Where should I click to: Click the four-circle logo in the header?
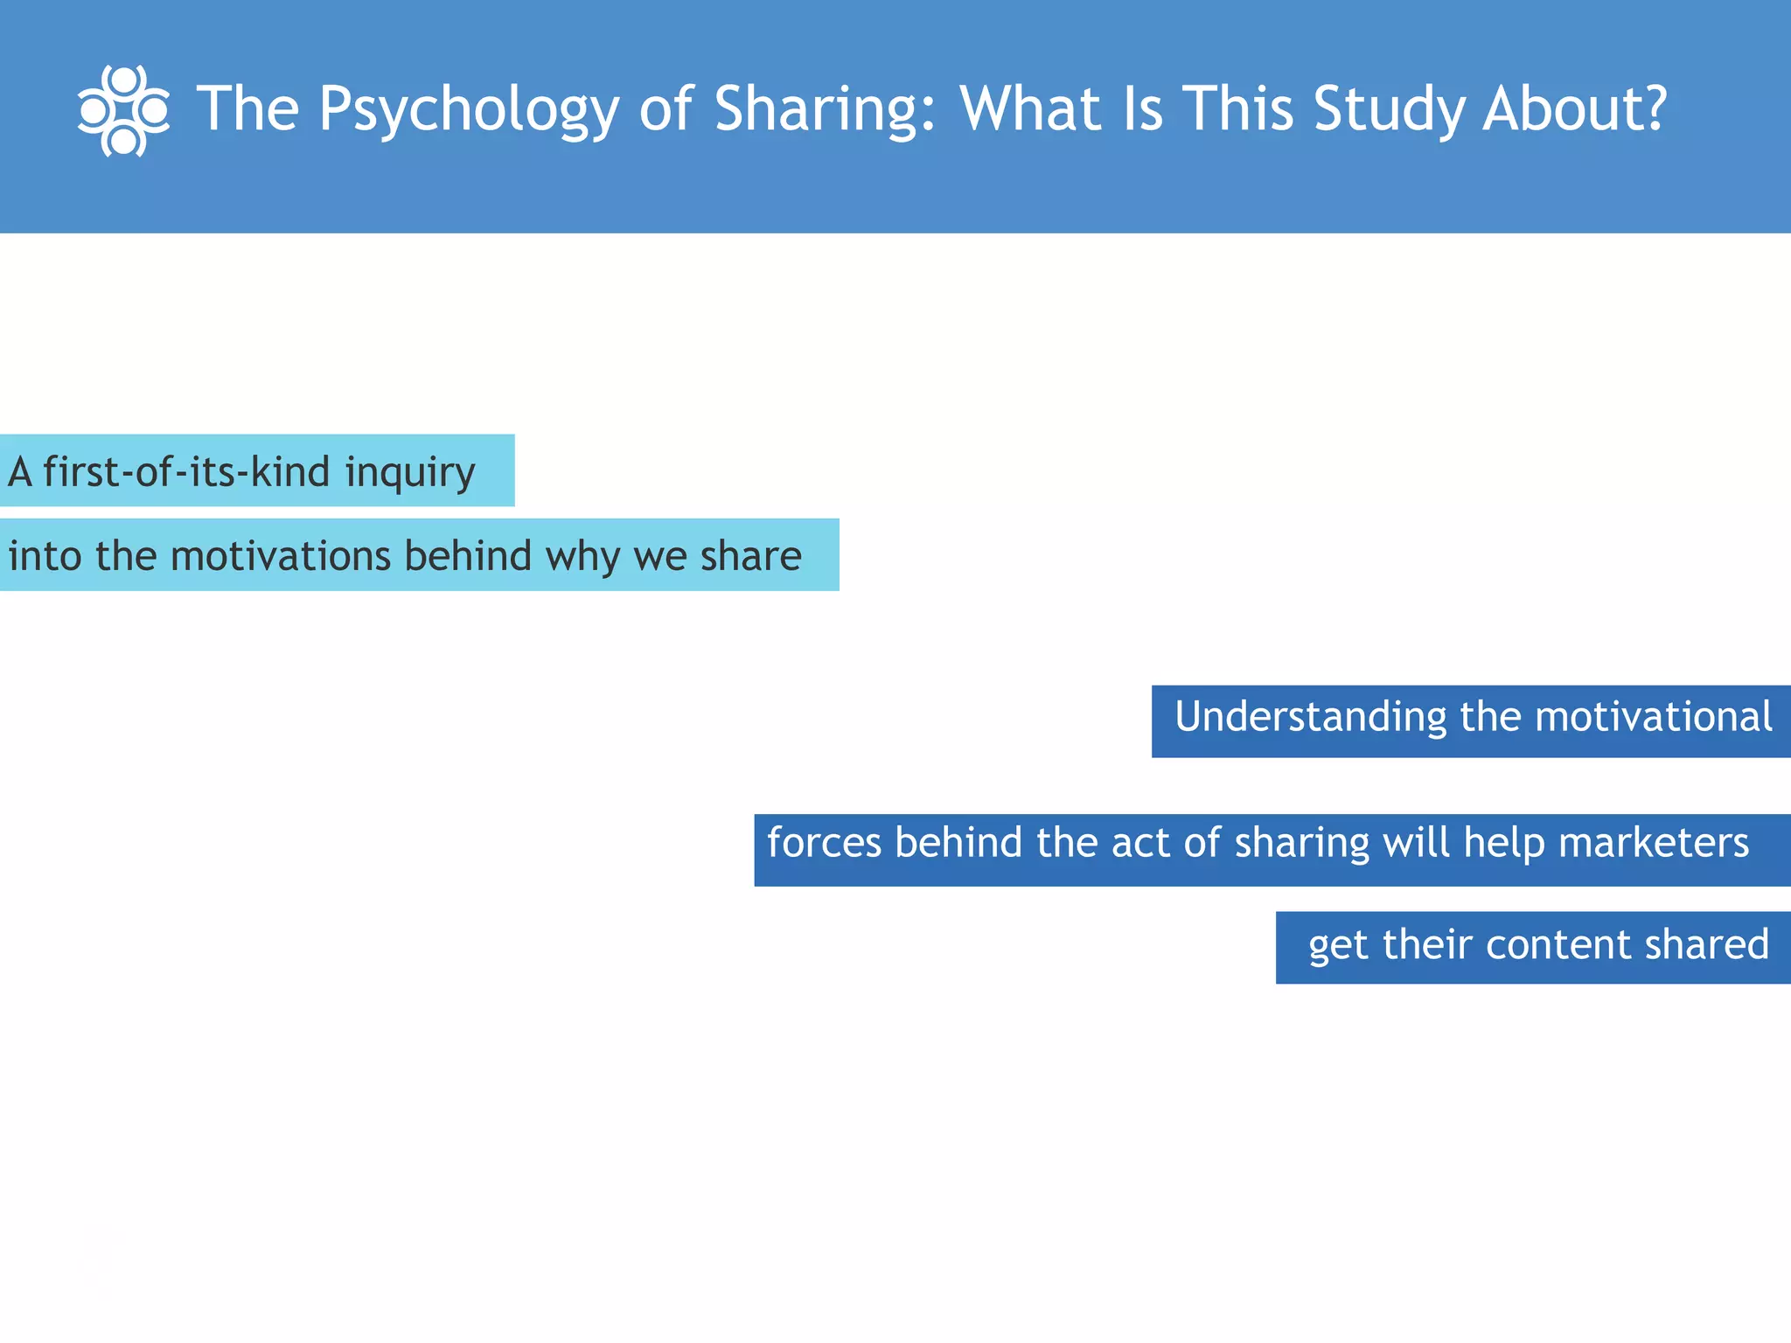click(x=123, y=111)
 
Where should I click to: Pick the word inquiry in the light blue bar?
click(x=409, y=473)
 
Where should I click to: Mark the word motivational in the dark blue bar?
click(x=1653, y=716)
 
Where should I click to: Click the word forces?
click(x=824, y=842)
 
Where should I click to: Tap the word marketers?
click(x=1653, y=842)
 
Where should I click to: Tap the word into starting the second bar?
click(x=45, y=556)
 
